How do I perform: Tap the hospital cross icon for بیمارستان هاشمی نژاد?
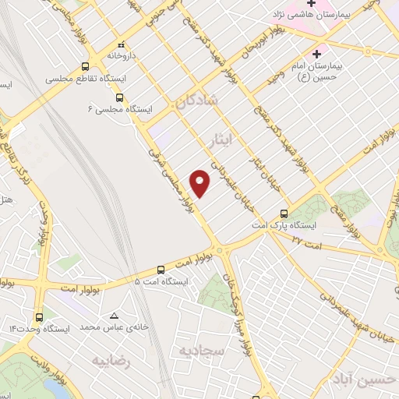311,4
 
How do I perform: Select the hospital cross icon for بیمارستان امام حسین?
316,55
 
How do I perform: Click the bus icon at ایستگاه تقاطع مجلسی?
86,68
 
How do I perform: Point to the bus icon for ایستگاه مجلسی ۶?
120,97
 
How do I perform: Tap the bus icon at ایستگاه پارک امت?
284,213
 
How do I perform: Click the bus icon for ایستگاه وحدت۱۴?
40,318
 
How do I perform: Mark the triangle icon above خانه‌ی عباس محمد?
115,316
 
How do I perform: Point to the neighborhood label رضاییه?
110,361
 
